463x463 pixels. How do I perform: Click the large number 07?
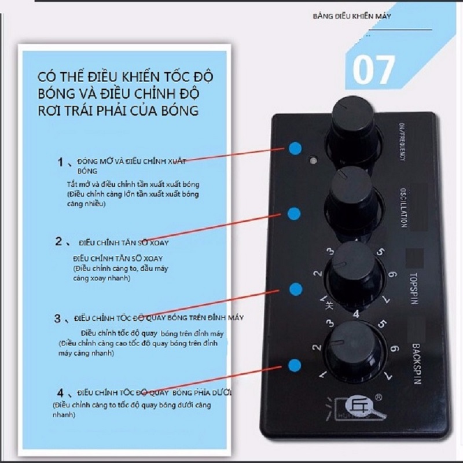coord(374,69)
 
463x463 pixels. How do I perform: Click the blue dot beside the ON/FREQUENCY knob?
coord(295,149)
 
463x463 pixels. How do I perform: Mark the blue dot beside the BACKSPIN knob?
coord(295,365)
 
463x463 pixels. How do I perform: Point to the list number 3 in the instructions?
coord(57,318)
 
